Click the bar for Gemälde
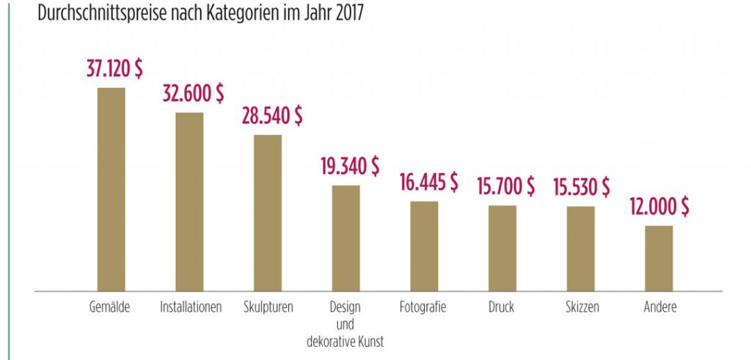pos(111,189)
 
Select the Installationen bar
pos(189,202)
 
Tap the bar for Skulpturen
pos(268,213)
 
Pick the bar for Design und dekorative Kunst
pos(346,238)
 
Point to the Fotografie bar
pos(424,246)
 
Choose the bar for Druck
pos(502,248)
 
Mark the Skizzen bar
pos(581,249)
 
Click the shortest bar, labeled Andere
pos(659,258)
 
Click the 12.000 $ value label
pos(659,207)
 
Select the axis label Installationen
pos(191,307)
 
